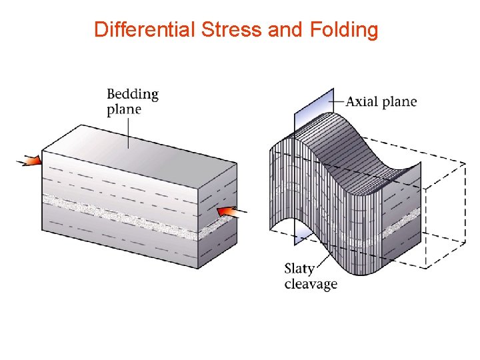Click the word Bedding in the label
[133, 93]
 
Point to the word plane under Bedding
[124, 109]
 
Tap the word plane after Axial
[399, 102]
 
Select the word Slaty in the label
[301, 269]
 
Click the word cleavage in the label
[311, 285]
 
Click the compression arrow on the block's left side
[29, 161]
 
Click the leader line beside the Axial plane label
[338, 102]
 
